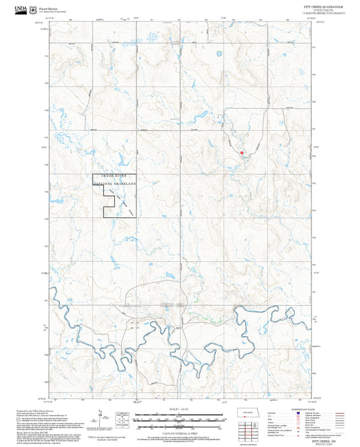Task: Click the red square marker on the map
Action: click(241, 153)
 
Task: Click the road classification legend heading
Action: click(306, 408)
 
